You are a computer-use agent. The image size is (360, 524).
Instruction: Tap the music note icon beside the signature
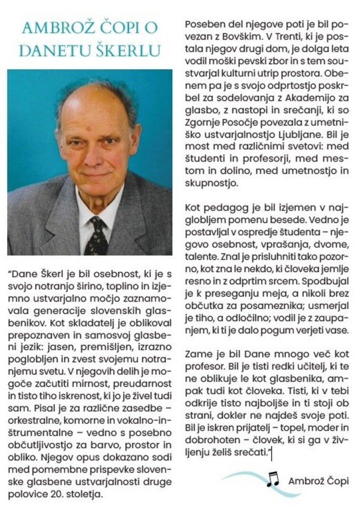pos(273,479)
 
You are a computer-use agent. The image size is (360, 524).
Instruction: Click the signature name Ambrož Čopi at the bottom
pos(318,481)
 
